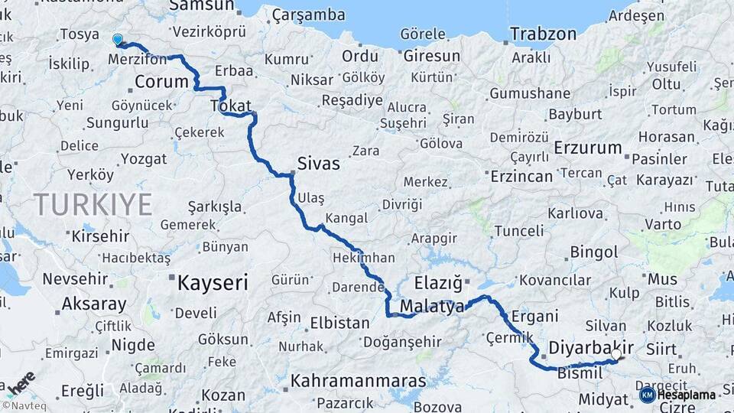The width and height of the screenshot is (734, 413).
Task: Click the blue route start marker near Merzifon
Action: click(x=117, y=39)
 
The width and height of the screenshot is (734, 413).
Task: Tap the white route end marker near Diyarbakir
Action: click(x=616, y=354)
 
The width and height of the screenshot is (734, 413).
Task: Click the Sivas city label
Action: click(x=318, y=164)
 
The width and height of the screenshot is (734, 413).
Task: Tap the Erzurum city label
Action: click(x=588, y=147)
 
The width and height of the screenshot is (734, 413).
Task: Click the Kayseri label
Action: click(x=213, y=283)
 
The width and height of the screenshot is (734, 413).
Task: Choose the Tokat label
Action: click(x=230, y=107)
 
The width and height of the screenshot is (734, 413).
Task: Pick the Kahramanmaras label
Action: click(x=357, y=380)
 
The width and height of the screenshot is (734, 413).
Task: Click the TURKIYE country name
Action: click(x=93, y=204)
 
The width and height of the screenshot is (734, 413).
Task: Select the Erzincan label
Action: click(x=521, y=177)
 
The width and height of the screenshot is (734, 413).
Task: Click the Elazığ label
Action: click(x=439, y=283)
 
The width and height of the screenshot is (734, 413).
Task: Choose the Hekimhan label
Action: click(x=364, y=259)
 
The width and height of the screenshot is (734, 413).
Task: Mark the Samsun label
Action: click(x=201, y=6)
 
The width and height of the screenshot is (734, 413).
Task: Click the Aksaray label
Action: click(x=94, y=304)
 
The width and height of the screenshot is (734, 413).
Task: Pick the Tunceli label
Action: click(x=519, y=230)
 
